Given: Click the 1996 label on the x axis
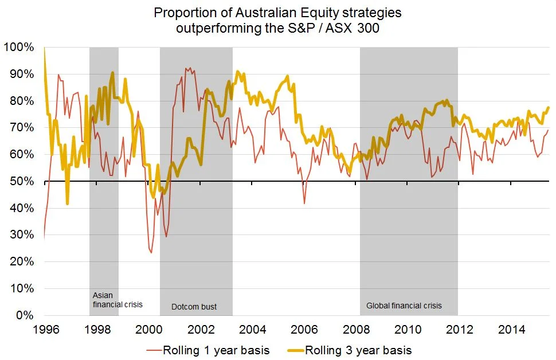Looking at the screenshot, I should coord(44,330).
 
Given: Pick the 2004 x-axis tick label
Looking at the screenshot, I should coord(252,330).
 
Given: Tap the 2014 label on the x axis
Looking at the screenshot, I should coord(512,330).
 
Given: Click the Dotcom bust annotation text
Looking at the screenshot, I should coord(194,307).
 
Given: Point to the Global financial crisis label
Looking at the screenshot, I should coord(404,306).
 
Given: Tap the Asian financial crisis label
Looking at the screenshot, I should coord(117,300).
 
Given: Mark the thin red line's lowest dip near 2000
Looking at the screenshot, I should coord(151,253).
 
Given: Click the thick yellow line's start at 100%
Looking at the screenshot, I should coord(44,48).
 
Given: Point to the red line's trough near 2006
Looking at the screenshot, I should coord(304,204).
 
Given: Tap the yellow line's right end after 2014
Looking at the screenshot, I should coord(549,108).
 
